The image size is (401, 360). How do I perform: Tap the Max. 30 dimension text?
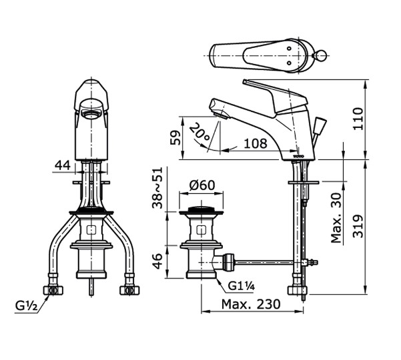338,219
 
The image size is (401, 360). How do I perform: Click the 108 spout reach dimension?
254,143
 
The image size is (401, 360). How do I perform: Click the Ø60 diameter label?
202,185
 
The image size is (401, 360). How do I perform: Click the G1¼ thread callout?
241,287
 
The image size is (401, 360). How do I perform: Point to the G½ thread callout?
27,307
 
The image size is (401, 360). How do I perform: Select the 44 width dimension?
63,163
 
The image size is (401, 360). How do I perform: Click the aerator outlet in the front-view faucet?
91,114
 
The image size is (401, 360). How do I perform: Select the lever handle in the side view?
274,90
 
